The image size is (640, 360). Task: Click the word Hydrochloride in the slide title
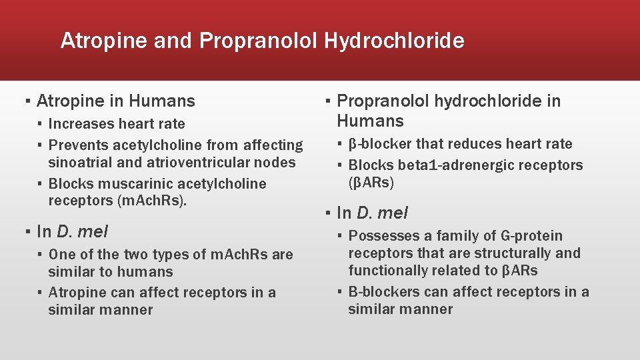(394, 41)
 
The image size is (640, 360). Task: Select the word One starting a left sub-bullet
(62, 255)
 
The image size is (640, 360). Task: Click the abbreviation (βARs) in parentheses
(372, 183)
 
